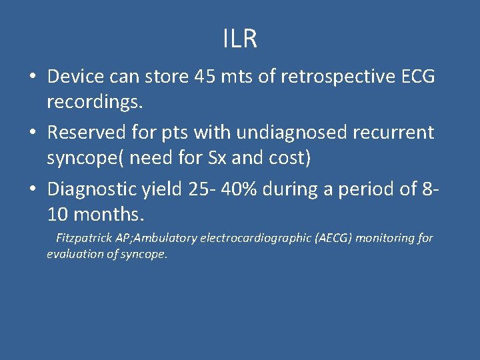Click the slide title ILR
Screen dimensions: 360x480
tap(240, 39)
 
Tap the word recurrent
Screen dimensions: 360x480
tap(399, 133)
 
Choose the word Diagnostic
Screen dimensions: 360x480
tap(89, 189)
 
